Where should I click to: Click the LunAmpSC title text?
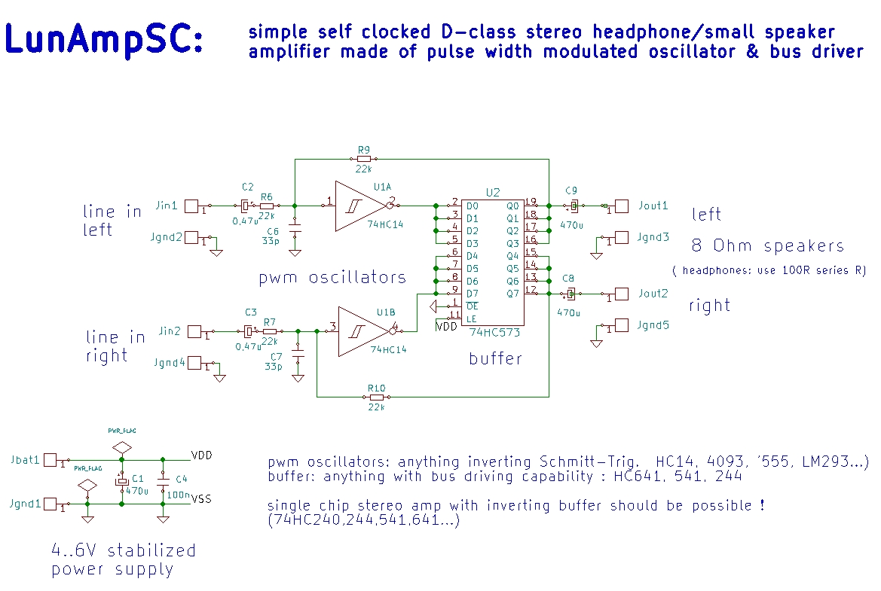104,38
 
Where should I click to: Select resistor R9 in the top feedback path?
364,159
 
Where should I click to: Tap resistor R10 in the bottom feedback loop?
376,396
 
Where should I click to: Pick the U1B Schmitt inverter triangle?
360,331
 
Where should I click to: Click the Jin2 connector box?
194,331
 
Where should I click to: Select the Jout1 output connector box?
622,206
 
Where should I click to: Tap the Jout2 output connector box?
622,294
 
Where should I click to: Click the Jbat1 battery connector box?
52,459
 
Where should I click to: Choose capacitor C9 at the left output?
574,206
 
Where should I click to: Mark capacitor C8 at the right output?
571,294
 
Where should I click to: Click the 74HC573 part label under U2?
494,332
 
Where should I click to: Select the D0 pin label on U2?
473,206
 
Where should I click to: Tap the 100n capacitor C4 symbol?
163,480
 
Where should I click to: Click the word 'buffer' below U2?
495,358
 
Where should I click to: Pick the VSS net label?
201,498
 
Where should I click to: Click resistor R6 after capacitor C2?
268,206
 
